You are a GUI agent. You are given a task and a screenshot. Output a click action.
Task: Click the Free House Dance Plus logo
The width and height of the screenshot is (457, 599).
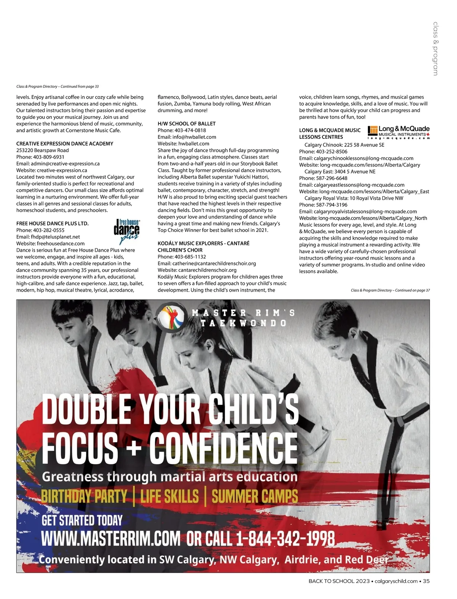coord(126,231)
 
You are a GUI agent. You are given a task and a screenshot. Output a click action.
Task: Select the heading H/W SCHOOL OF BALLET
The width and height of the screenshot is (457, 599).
coord(187,124)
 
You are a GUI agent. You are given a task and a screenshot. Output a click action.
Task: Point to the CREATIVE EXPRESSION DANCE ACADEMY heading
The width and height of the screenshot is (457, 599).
coord(65,144)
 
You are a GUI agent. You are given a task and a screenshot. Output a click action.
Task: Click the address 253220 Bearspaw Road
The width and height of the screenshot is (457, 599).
coord(43,150)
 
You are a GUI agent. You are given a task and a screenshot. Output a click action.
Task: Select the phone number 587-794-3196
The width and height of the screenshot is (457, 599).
coord(332,205)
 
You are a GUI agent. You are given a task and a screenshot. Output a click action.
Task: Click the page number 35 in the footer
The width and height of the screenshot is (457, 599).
coord(426,581)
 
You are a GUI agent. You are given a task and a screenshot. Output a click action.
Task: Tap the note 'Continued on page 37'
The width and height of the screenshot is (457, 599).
coord(412,290)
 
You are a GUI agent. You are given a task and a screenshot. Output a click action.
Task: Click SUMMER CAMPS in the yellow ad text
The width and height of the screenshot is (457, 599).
coord(255,496)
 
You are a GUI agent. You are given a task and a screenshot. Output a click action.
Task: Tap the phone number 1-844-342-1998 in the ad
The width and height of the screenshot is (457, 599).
coord(286,539)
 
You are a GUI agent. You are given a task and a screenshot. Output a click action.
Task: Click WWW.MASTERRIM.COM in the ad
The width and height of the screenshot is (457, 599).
coord(110,539)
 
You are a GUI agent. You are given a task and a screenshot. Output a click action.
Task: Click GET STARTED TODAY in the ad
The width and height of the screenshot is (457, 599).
coord(82,520)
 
